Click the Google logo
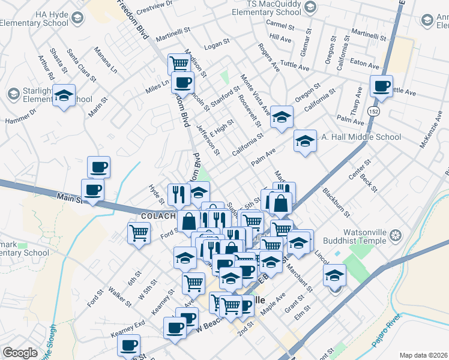tap(20, 353)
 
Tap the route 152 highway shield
tap(374, 112)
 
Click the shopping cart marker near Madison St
tap(179, 63)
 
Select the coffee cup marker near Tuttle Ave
tap(381, 86)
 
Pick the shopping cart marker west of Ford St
tap(139, 232)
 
